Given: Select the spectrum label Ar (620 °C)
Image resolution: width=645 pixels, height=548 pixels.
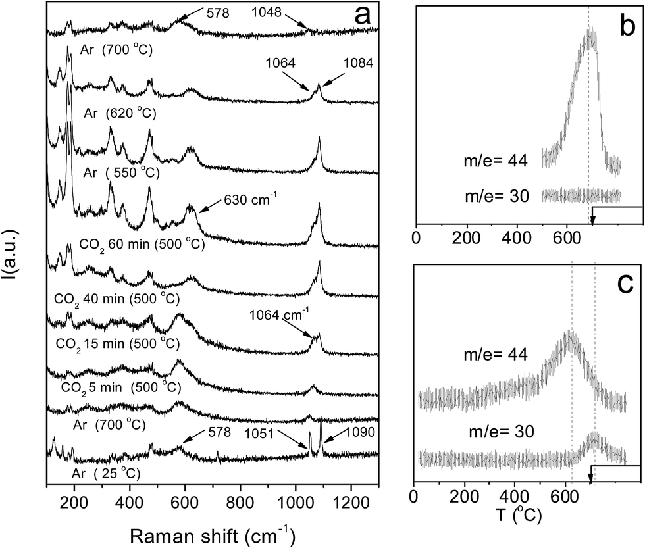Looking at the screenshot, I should (119, 113).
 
